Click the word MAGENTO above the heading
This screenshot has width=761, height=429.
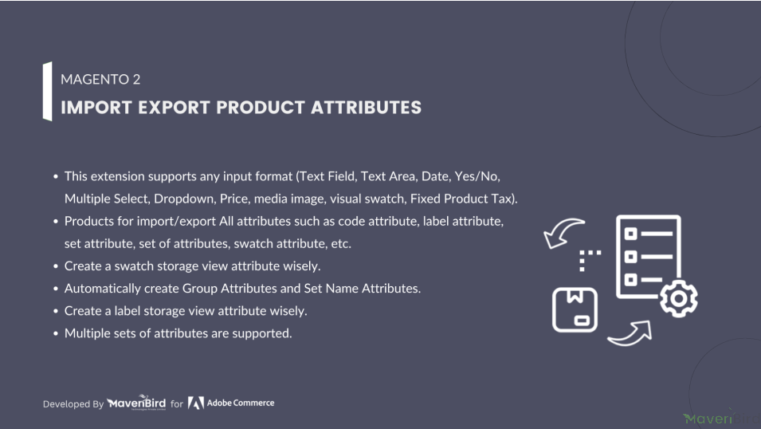(x=95, y=79)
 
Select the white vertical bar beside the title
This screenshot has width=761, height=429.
(x=47, y=92)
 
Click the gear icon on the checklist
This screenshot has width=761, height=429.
(x=678, y=298)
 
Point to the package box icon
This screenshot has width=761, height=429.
(x=575, y=309)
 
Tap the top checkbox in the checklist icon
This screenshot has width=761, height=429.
(x=630, y=234)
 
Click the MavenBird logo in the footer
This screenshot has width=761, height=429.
(x=136, y=403)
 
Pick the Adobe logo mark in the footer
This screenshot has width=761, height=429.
(x=195, y=403)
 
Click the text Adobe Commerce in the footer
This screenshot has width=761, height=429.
(x=241, y=403)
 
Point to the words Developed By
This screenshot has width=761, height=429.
(x=73, y=403)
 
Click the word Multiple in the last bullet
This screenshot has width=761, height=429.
(x=86, y=333)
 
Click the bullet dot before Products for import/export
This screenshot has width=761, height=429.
(x=56, y=222)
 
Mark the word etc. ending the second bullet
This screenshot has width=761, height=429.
(x=341, y=243)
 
